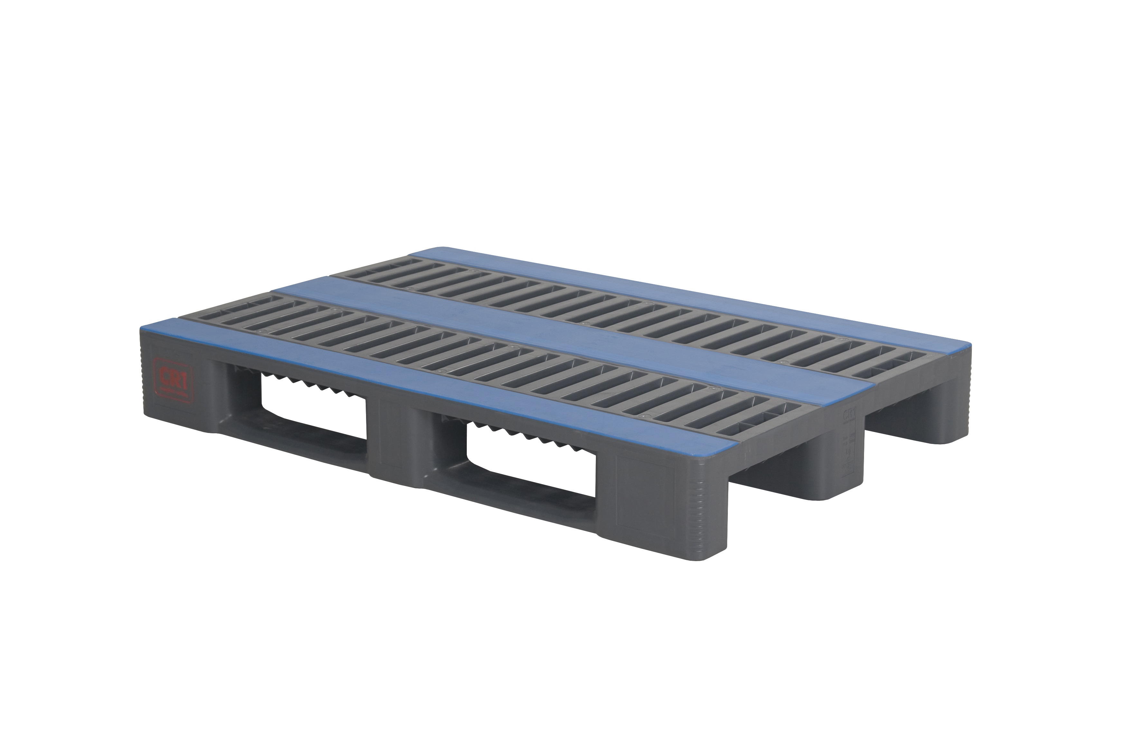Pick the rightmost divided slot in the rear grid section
tap(907, 369)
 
